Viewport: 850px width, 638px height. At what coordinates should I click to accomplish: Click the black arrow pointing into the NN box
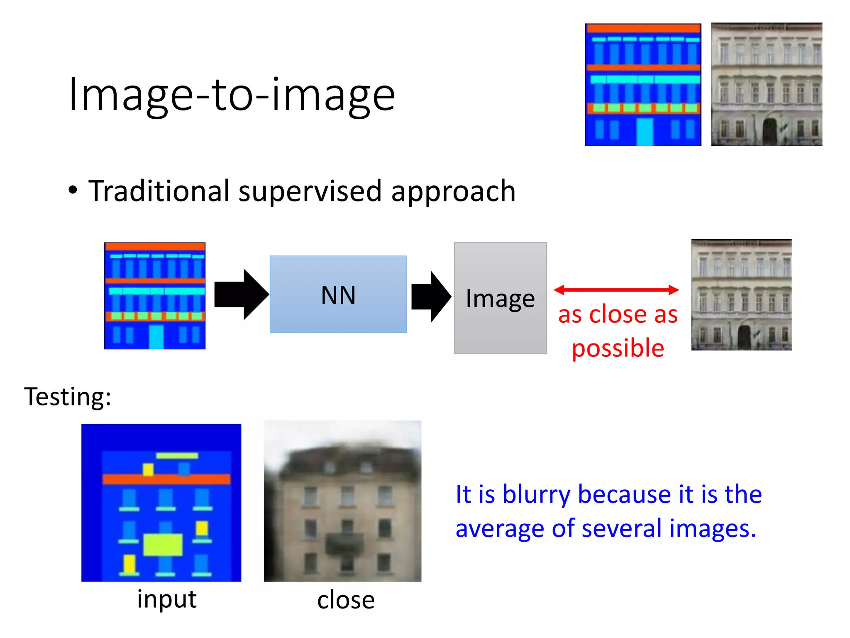click(241, 294)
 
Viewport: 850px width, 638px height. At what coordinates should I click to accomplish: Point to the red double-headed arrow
click(616, 290)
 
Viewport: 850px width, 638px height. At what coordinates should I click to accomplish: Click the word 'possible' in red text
click(618, 348)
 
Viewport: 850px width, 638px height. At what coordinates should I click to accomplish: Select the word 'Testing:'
click(68, 397)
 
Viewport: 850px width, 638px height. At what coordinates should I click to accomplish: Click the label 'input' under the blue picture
click(167, 599)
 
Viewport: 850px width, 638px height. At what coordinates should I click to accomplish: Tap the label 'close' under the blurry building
click(346, 600)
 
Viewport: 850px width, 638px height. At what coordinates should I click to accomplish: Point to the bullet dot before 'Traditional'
click(73, 191)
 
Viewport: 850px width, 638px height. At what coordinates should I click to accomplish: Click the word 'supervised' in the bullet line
click(310, 191)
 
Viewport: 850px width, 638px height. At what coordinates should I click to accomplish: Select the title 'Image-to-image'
click(232, 95)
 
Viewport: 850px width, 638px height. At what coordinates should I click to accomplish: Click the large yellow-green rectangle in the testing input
click(163, 545)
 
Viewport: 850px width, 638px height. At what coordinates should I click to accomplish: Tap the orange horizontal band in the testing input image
click(166, 479)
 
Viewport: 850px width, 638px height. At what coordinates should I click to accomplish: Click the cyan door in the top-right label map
click(645, 132)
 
